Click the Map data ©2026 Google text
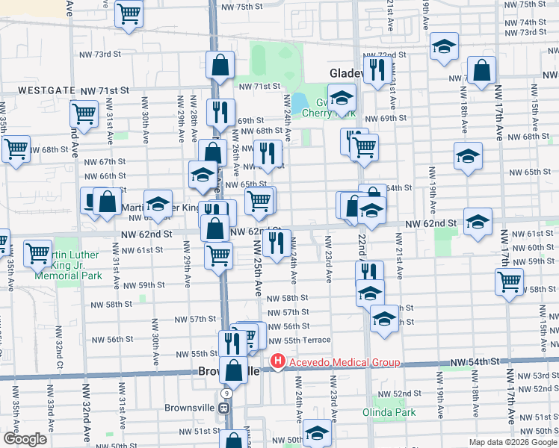513,442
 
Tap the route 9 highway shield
226,392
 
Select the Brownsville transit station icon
223,408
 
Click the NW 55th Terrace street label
299,340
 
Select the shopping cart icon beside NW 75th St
129,13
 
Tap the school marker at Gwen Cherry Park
342,97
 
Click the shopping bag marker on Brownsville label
234,370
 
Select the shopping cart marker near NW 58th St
509,282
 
